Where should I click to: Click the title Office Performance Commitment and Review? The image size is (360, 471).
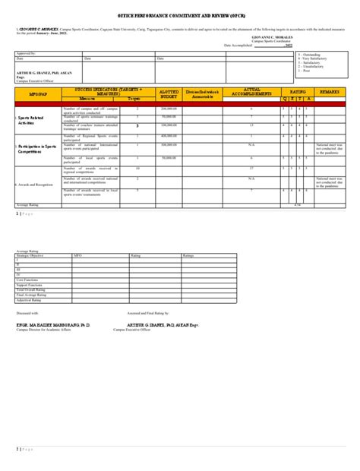point(179,14)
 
